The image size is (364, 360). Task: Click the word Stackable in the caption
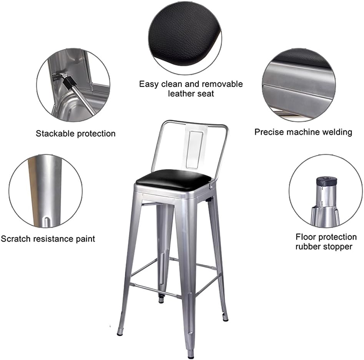tap(55, 133)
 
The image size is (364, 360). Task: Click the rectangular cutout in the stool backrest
tap(195, 149)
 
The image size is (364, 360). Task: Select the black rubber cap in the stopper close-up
tap(327, 181)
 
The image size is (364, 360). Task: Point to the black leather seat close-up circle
tap(185, 38)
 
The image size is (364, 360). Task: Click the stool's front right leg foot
tap(191, 354)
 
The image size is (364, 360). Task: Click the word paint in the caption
tap(85, 239)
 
